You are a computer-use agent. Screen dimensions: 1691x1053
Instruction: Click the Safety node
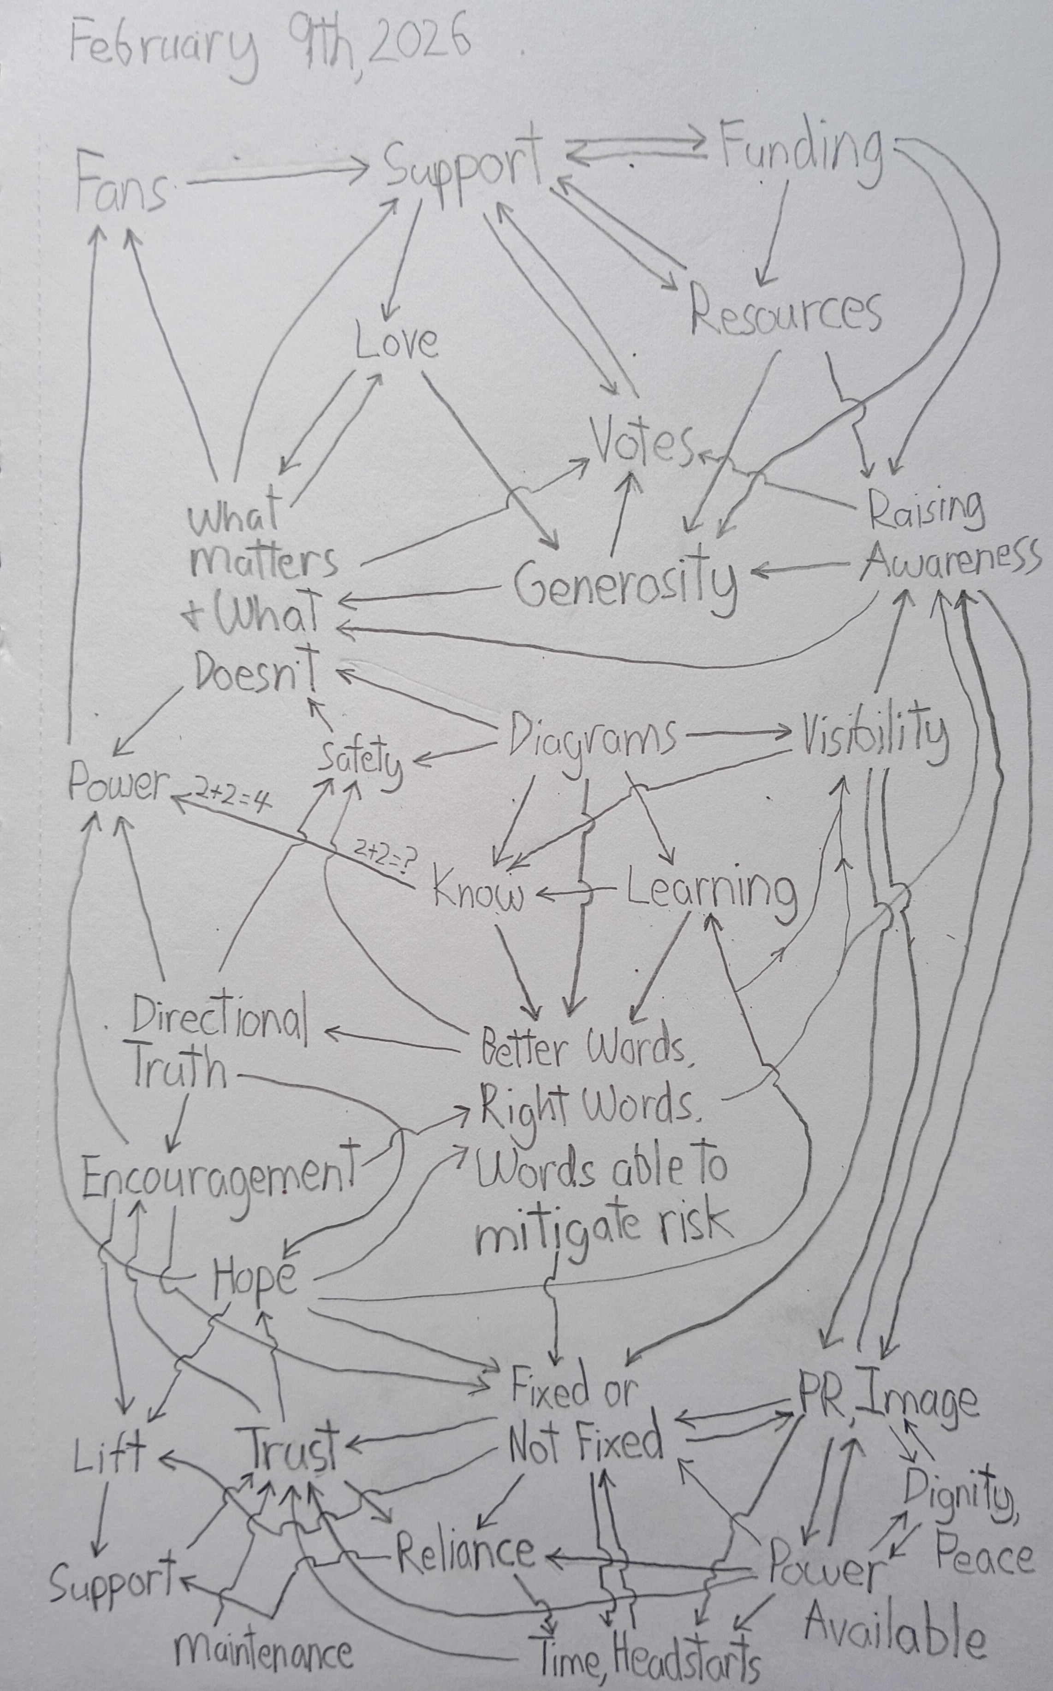360,760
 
